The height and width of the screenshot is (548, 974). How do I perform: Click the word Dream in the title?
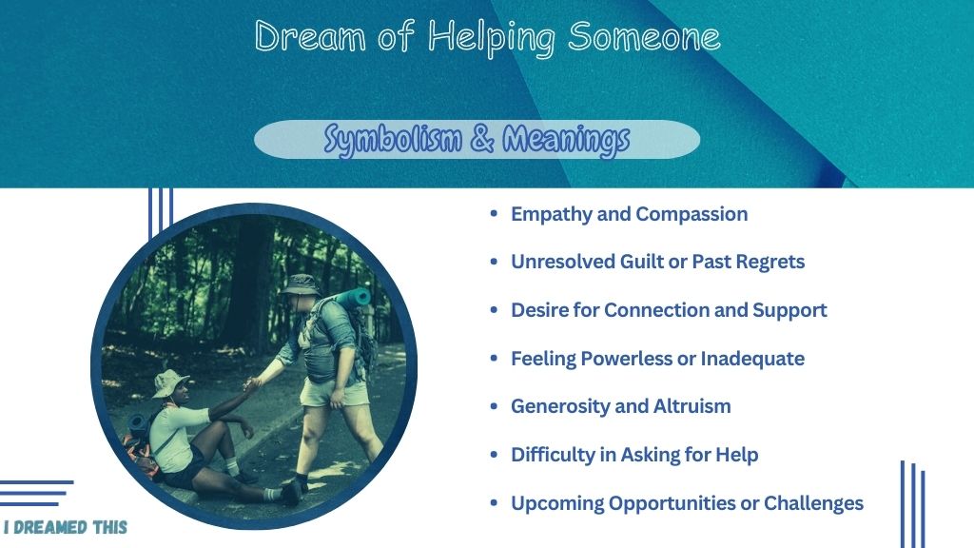[x=310, y=36]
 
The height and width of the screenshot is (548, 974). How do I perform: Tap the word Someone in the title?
[x=644, y=36]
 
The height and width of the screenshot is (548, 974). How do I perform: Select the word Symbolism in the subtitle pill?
[x=393, y=139]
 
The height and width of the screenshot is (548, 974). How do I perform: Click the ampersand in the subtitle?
[x=482, y=138]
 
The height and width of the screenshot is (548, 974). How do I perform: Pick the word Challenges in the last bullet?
[x=813, y=503]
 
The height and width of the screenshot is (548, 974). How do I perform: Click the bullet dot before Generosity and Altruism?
[x=494, y=405]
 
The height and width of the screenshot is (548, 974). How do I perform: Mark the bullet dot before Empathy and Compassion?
[x=494, y=213]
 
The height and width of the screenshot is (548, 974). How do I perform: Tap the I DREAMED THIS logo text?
[x=66, y=527]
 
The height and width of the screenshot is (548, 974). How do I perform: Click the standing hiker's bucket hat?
[x=300, y=284]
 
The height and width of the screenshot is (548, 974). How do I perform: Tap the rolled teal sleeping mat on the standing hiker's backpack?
[x=352, y=297]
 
